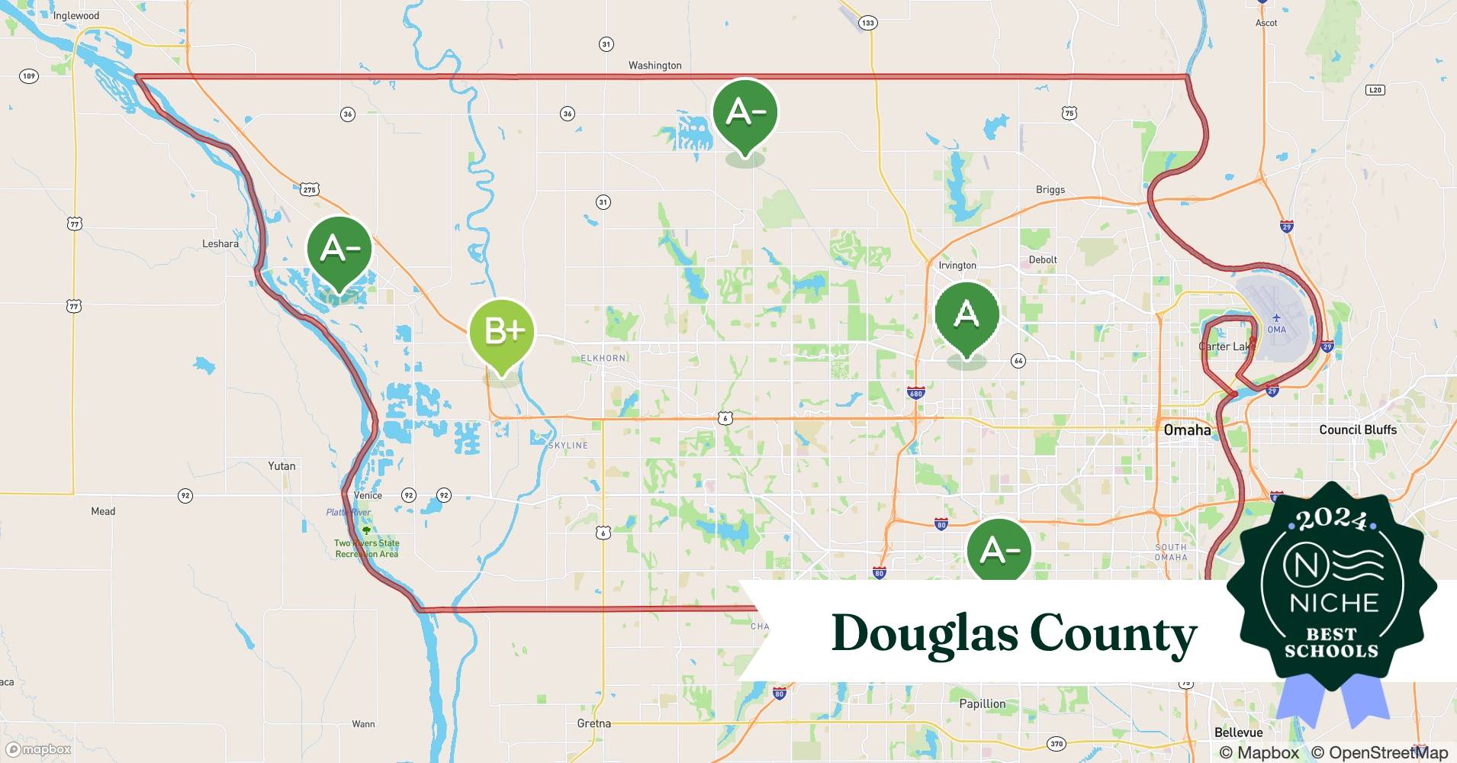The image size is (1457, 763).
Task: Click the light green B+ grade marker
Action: tap(502, 331)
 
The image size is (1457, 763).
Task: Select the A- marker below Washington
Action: tap(745, 112)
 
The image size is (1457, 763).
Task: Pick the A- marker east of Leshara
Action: tap(339, 249)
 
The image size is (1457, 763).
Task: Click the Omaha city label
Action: tap(1187, 430)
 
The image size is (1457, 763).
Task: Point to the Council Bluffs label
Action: tap(1358, 430)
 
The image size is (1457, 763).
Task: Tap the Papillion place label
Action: tap(982, 703)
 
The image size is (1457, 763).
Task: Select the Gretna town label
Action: tap(593, 723)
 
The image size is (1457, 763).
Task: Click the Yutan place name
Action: tap(281, 465)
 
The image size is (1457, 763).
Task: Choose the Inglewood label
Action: tap(76, 15)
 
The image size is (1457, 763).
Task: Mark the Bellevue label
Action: tap(1238, 732)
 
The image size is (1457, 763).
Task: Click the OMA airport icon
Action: tap(1276, 318)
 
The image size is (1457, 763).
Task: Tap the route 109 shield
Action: tap(28, 76)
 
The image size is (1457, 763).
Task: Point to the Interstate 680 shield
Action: tap(915, 394)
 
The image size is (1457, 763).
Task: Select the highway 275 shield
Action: tap(309, 189)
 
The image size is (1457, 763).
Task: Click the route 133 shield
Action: tap(867, 23)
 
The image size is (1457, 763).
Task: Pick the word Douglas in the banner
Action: tap(925, 634)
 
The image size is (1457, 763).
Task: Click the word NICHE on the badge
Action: tap(1333, 603)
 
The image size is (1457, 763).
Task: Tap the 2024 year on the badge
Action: tap(1332, 520)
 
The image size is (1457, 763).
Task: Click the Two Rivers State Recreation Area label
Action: tap(366, 548)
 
